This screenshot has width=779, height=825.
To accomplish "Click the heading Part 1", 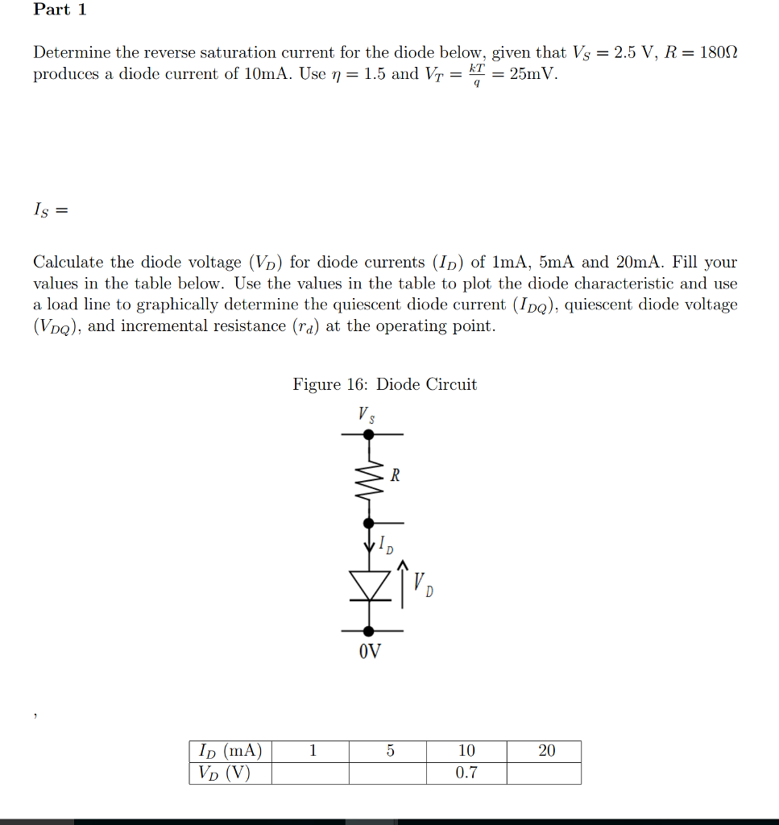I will point(60,10).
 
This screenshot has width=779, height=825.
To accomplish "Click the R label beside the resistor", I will point(395,475).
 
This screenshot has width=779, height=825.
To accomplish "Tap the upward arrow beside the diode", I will point(403,586).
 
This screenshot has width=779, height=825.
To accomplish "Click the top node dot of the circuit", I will point(369,434).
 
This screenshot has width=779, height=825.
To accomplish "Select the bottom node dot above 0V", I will point(369,631).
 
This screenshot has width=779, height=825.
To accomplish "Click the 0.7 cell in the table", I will point(466,773).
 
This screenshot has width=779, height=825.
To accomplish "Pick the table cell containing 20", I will point(546,751).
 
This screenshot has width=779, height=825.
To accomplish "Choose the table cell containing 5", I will point(389,751).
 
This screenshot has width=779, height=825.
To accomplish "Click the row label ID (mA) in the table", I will point(230,751).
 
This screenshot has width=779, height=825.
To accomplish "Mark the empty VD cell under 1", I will point(311,773).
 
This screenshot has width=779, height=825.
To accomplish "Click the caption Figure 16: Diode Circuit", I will point(384,384).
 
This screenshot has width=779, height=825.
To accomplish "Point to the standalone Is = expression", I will point(50,210).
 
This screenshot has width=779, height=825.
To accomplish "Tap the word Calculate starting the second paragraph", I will point(68,262).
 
